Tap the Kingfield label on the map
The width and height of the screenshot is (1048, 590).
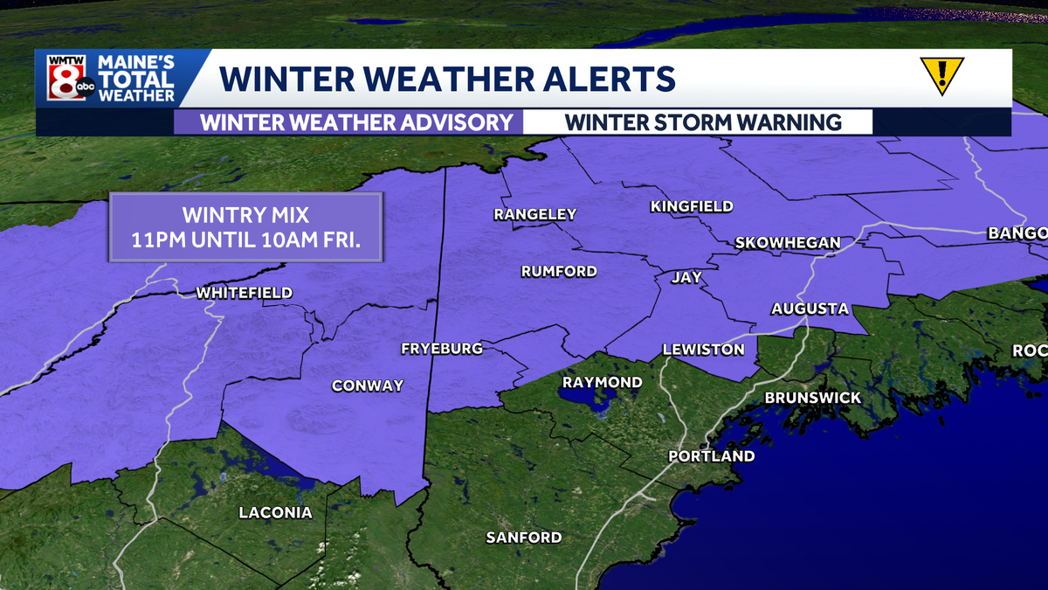[692, 206]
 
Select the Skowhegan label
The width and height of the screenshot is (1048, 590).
[787, 242]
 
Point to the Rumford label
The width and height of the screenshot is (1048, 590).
[559, 271]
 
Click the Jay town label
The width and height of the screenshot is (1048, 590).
[686, 278]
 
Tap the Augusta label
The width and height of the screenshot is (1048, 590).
[810, 309]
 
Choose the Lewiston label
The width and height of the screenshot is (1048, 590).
[703, 349]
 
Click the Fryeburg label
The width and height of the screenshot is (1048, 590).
[441, 349]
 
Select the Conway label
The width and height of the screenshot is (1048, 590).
[368, 385]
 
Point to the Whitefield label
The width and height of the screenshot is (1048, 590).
[245, 293]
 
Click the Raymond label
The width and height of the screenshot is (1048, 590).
[602, 382]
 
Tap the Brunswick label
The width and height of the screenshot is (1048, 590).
[812, 398]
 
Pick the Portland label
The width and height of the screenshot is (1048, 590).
[711, 456]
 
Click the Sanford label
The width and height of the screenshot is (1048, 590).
[524, 537]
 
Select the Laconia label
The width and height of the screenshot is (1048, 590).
[275, 513]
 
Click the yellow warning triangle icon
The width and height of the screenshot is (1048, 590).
[941, 76]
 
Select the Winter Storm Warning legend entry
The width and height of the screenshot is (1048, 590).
[703, 121]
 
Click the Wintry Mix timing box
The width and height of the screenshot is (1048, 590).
[245, 227]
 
